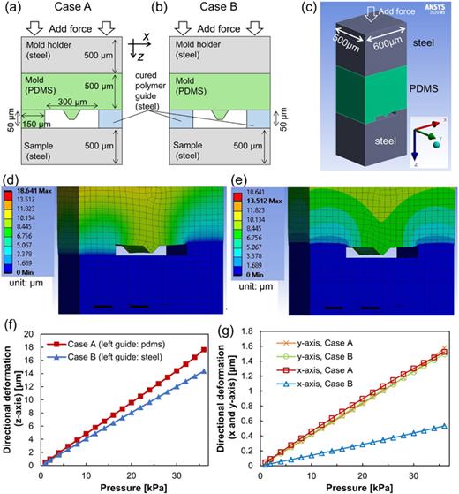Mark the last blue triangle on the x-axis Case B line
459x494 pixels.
click(x=443, y=426)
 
